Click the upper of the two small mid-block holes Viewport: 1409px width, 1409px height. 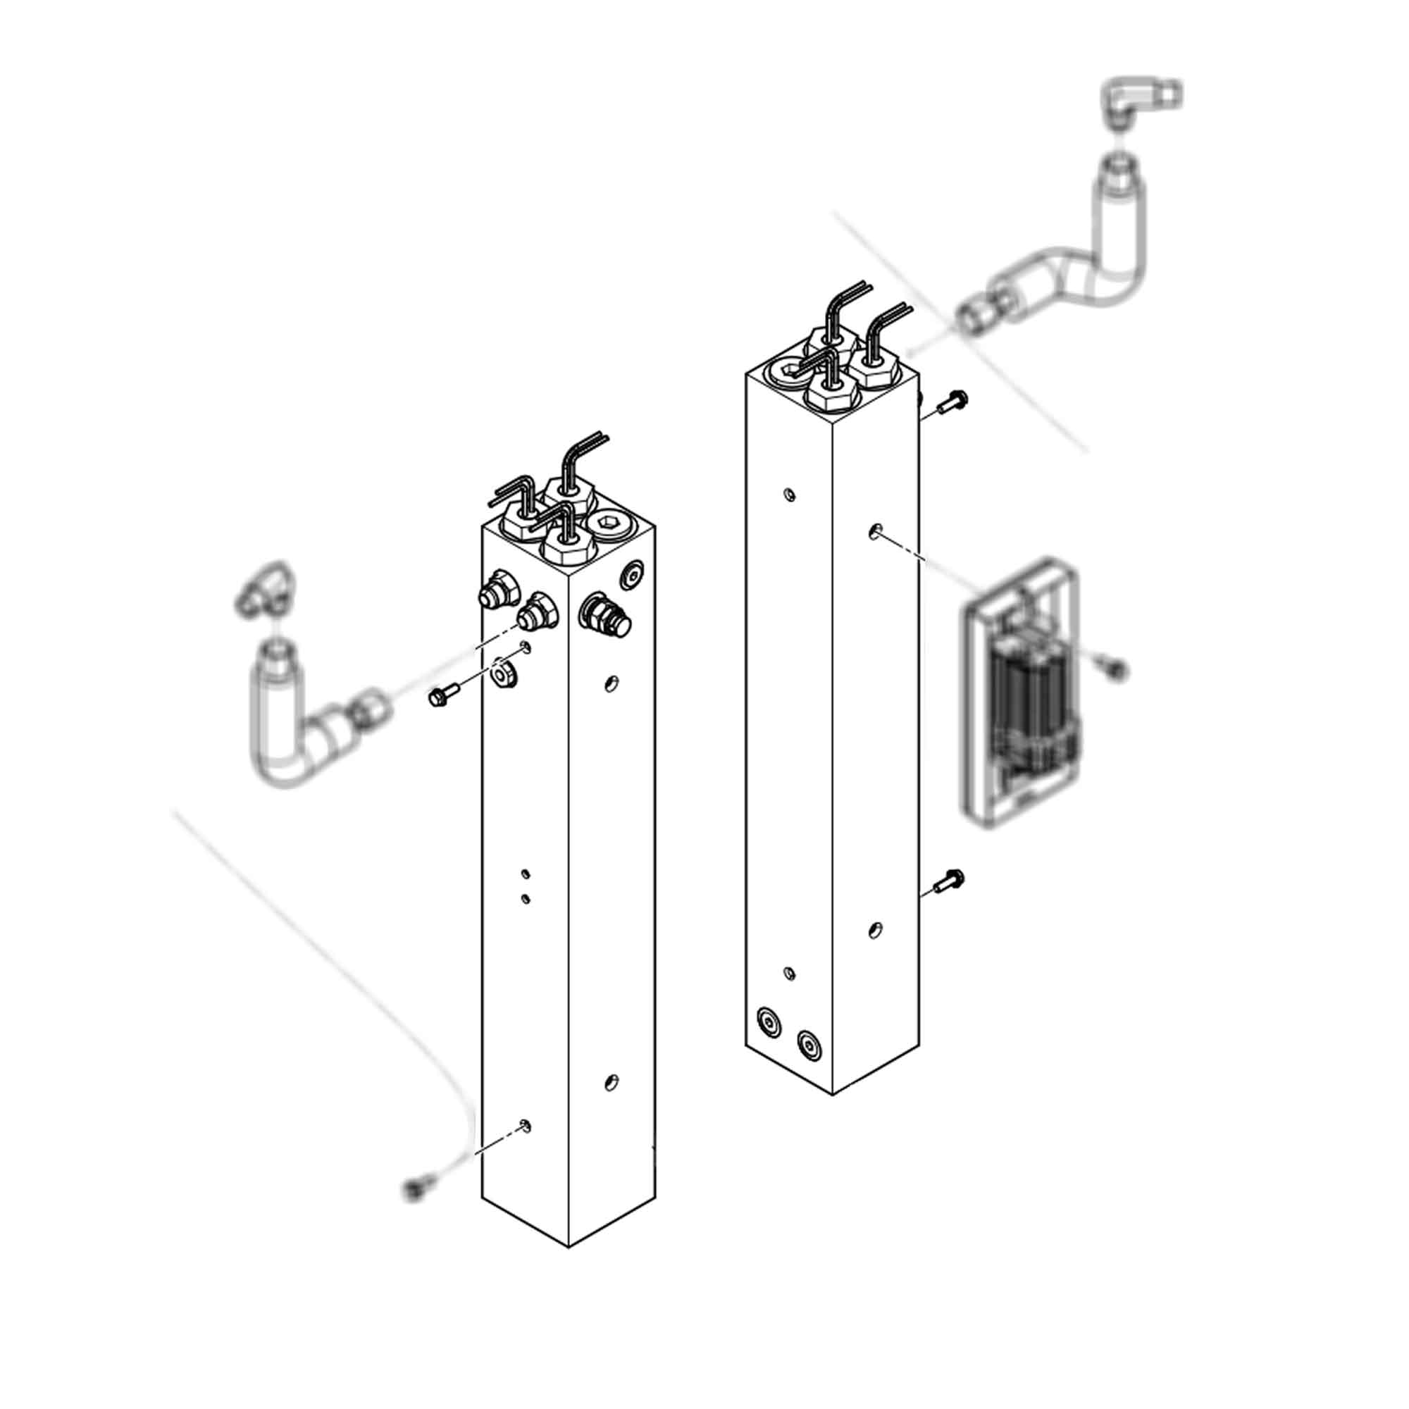[525, 873]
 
